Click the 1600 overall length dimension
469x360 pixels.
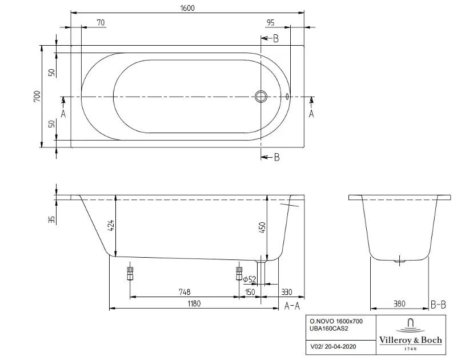point(187,8)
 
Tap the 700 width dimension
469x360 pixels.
point(37,97)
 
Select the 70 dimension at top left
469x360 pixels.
point(101,22)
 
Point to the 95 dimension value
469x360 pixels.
point(270,22)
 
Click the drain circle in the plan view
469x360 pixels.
point(261,97)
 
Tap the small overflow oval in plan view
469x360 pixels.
point(287,97)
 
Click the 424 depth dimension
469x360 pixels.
point(111,225)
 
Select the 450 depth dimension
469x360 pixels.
point(262,228)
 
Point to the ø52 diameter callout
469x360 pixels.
point(250,279)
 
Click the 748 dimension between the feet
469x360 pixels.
point(185,292)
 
